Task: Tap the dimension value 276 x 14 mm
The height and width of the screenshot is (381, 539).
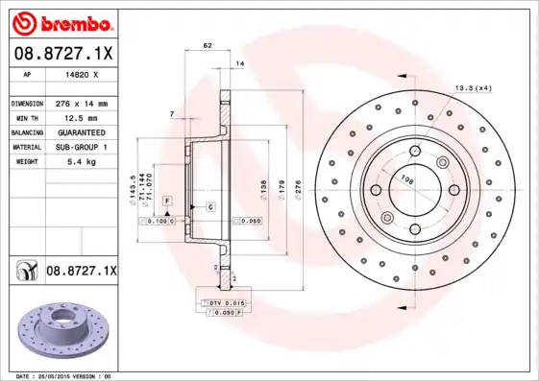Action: click(81, 103)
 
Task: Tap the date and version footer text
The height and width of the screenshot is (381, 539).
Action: click(60, 376)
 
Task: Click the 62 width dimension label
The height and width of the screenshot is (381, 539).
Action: click(208, 45)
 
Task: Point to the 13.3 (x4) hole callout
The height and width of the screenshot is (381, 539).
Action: click(474, 88)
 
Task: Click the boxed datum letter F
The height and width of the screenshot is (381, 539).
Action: click(166, 200)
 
